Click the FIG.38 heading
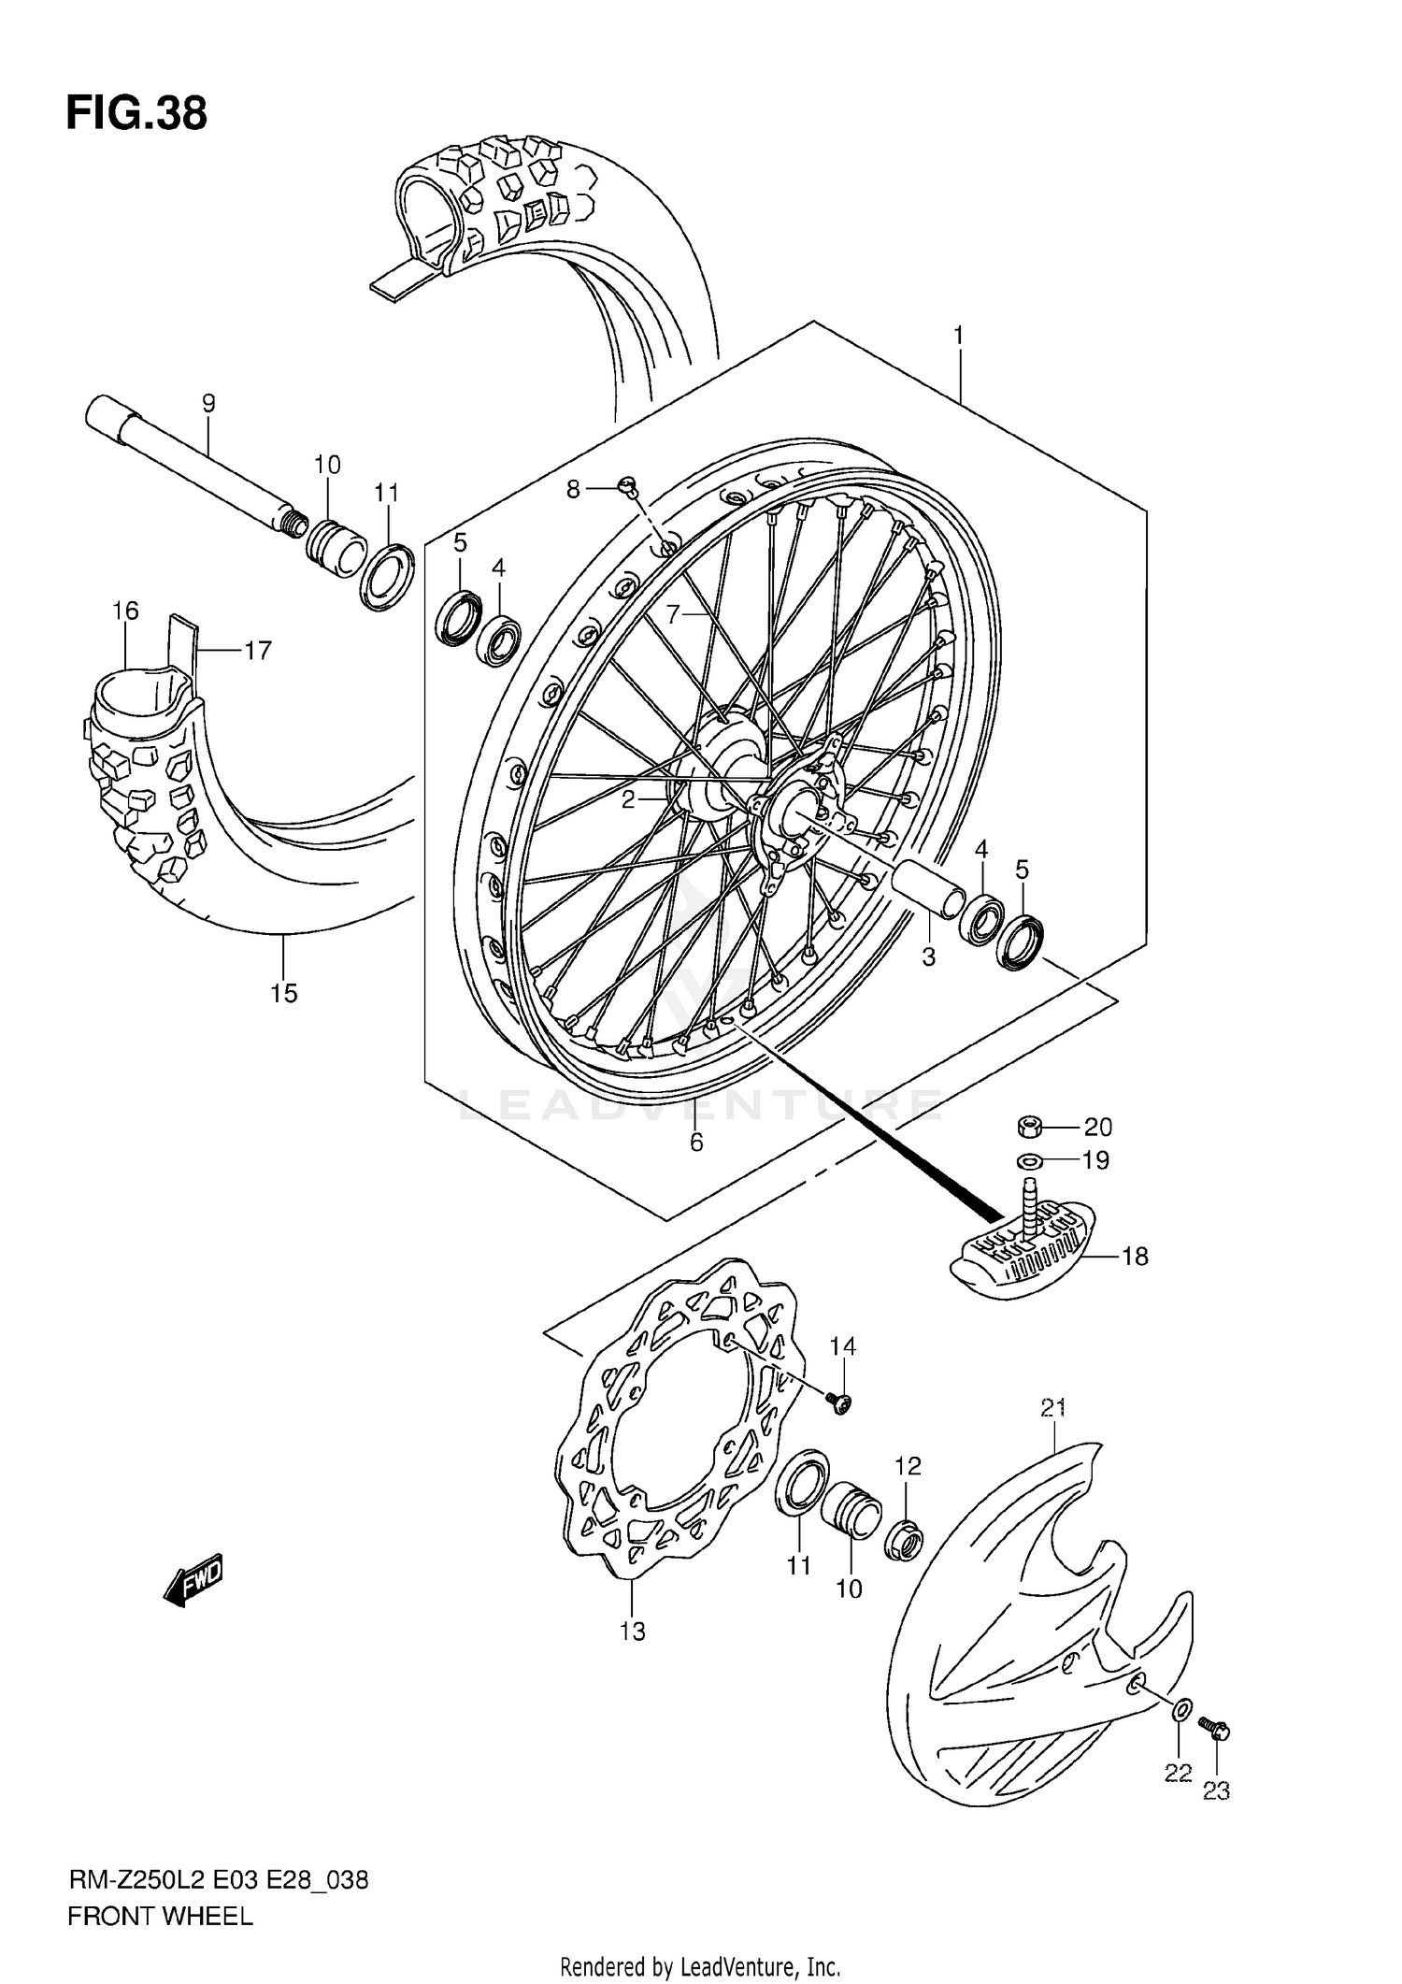tap(136, 114)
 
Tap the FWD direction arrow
tap(193, 1581)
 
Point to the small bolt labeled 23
tap(1215, 1729)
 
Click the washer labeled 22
tap(1181, 1711)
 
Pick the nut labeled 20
tap(1030, 1127)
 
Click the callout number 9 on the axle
tap(208, 403)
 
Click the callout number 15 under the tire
tap(284, 993)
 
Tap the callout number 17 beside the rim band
tap(258, 650)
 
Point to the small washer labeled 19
tap(1029, 1161)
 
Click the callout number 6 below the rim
tap(695, 1142)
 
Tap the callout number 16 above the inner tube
tap(125, 611)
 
